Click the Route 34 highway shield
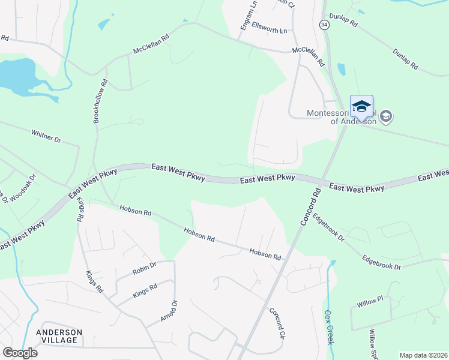tap(324, 25)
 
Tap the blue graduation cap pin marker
tap(361, 106)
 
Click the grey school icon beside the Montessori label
tap(385, 116)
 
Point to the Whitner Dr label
tap(46, 136)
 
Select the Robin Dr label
tap(144, 266)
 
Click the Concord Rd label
tap(309, 206)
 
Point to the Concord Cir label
tap(276, 323)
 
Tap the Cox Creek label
tap(329, 326)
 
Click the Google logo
tap(20, 353)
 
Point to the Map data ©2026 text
tap(423, 355)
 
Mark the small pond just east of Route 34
tap(342, 70)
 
